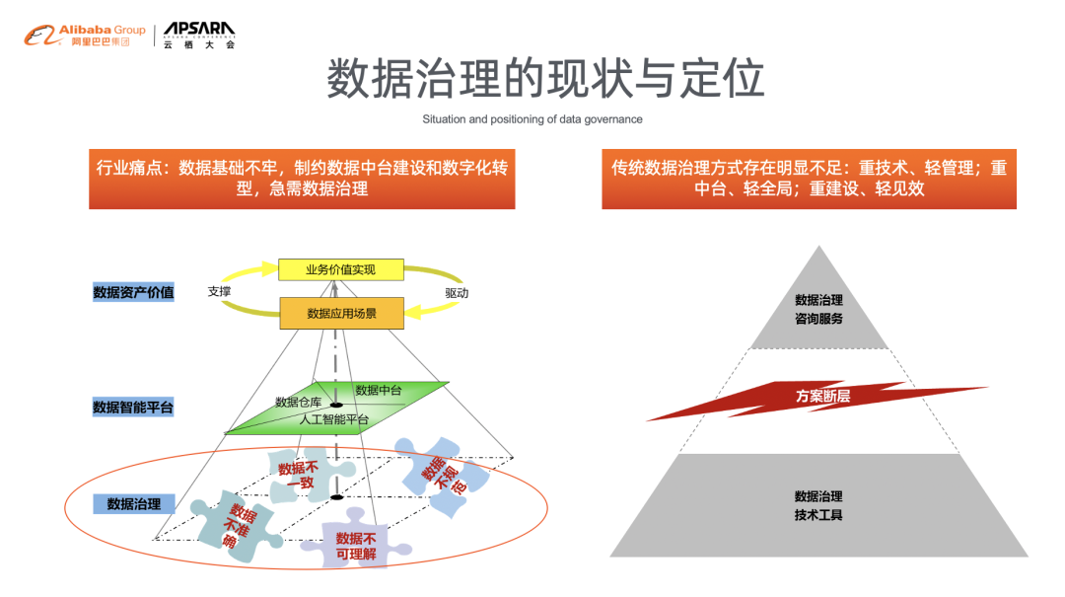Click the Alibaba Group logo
85,36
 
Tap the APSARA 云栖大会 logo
199,36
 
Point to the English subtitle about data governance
532,119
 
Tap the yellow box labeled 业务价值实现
340,269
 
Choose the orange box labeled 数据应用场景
341,314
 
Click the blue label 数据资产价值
133,292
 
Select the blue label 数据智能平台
133,407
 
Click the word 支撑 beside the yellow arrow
220,292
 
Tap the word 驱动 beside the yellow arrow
457,293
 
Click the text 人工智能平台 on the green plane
333,420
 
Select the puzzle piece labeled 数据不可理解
355,546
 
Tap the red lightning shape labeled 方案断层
821,397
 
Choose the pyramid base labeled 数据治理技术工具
818,505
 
